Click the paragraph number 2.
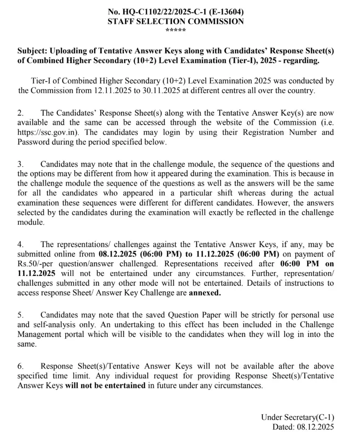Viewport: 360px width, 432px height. click(x=20, y=113)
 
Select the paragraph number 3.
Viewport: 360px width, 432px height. click(x=20, y=164)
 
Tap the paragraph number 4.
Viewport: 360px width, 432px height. click(x=20, y=244)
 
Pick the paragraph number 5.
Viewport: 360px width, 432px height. click(x=20, y=314)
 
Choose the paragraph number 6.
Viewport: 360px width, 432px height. click(x=20, y=366)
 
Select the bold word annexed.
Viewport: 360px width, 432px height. click(x=204, y=292)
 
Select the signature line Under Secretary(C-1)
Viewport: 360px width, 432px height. click(x=298, y=417)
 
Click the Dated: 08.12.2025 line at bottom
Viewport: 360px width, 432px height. click(x=303, y=427)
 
